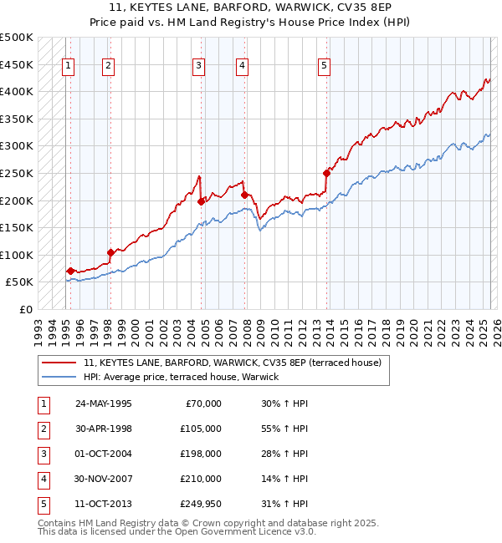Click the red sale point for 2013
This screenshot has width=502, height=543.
pos(326,173)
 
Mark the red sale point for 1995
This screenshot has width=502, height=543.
pos(70,271)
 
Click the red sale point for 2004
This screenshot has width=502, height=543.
pos(202,201)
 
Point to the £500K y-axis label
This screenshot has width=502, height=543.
pos(17,38)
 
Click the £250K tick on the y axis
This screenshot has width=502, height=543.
pos(17,173)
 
